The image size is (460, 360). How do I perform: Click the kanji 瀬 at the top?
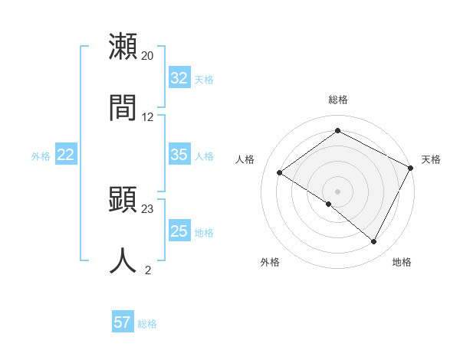123,47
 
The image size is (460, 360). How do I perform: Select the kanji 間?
123,107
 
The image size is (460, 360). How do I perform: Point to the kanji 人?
123,260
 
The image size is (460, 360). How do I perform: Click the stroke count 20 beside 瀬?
147,56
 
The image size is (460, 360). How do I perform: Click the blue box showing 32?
179,78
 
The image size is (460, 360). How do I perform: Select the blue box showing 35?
179,155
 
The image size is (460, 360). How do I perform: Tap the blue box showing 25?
179,231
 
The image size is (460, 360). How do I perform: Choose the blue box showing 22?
66,155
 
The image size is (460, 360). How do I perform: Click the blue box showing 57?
123,322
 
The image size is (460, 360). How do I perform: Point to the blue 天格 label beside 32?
204,79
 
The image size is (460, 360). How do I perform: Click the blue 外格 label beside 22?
41,155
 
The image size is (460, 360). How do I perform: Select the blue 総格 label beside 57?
147,323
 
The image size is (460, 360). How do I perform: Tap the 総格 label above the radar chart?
338,100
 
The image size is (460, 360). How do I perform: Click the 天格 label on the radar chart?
431,159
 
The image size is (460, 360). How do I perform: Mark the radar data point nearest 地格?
374,242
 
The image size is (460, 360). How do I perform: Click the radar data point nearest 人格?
280,173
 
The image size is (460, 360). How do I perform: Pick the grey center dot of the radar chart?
338,191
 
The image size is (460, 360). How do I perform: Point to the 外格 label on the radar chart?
270,262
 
